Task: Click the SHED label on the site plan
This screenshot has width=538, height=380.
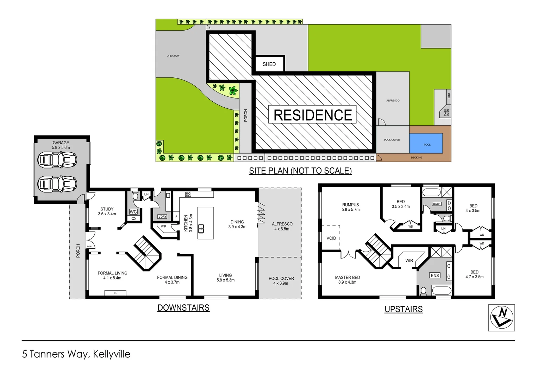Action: click(x=269, y=64)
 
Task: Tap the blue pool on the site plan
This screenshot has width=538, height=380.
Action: click(x=426, y=143)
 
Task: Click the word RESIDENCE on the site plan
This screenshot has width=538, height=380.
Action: click(x=313, y=115)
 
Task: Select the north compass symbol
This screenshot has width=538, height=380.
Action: click(x=501, y=318)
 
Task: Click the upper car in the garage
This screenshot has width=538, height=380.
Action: click(x=57, y=160)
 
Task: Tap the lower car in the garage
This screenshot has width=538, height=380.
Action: click(x=57, y=184)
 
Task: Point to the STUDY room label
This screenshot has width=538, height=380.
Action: click(x=107, y=209)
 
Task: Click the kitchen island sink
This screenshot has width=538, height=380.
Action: click(x=201, y=229)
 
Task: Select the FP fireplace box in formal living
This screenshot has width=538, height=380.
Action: click(x=115, y=293)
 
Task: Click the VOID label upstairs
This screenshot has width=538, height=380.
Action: click(x=331, y=238)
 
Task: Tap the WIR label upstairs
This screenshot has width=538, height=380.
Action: click(x=409, y=261)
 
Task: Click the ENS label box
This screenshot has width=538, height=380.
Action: click(x=435, y=275)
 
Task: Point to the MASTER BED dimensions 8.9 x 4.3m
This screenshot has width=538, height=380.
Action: click(x=347, y=282)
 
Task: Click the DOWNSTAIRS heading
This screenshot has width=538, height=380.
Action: click(x=183, y=308)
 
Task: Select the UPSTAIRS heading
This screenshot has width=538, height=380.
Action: click(x=403, y=309)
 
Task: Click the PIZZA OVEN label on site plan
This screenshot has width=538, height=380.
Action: click(x=446, y=113)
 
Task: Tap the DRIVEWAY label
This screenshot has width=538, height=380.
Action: click(x=173, y=56)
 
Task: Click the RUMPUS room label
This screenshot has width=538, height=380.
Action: click(x=350, y=205)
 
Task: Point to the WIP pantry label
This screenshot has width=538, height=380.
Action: click(x=163, y=226)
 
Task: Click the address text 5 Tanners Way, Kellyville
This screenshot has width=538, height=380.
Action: click(x=76, y=354)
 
